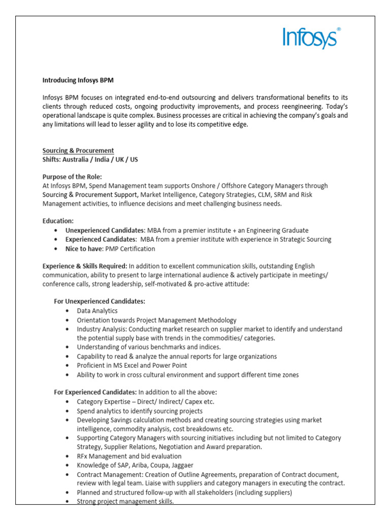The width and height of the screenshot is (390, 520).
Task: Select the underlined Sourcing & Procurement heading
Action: (78, 151)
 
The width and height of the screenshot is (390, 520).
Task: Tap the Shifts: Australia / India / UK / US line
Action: (90, 159)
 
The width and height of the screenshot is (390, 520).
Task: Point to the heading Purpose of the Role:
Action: (72, 177)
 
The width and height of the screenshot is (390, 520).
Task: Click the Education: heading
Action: (58, 221)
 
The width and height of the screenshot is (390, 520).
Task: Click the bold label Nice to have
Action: (83, 249)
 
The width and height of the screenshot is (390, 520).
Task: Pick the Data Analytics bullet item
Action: (97, 310)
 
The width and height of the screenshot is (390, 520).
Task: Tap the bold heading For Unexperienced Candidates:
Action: (100, 301)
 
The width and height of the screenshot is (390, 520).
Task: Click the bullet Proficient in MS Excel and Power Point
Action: (132, 365)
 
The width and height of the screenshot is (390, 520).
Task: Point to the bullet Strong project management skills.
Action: (125, 501)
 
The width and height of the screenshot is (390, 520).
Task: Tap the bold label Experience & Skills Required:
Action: (85, 266)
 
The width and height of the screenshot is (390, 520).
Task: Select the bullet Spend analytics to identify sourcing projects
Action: (140, 411)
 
